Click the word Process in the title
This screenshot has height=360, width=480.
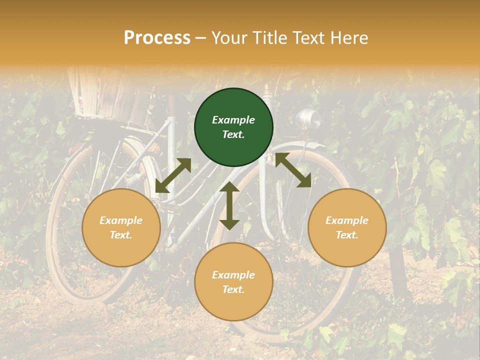point(157,38)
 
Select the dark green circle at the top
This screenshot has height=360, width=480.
point(233,127)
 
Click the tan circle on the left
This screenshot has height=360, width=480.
point(121,228)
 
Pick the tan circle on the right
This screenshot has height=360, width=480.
point(347,228)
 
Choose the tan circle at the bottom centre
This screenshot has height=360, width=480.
point(233,282)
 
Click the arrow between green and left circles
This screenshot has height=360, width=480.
point(173,175)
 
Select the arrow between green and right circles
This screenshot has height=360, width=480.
point(293,170)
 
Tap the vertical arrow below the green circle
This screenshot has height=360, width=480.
point(229,205)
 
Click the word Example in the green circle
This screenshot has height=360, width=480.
point(233,120)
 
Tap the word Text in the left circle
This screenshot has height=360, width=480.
point(120,235)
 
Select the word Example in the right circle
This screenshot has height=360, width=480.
point(347,220)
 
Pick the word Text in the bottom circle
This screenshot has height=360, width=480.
point(233,289)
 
